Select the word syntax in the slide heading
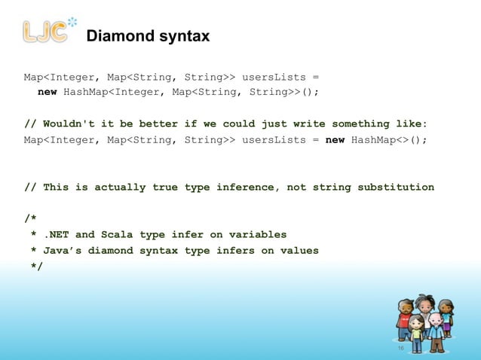(183, 36)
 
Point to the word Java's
(60, 250)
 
